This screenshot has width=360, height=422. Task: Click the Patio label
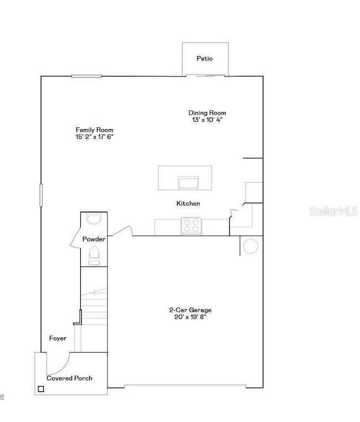click(204, 58)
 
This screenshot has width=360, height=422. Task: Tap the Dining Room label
click(207, 112)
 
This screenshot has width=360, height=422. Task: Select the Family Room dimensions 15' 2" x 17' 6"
click(95, 136)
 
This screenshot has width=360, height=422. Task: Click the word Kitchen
click(188, 204)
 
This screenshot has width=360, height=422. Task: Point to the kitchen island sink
click(188, 182)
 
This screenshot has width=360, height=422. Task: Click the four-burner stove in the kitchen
click(191, 225)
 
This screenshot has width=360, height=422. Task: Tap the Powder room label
click(94, 239)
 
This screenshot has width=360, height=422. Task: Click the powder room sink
click(94, 219)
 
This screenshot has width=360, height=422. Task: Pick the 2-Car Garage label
click(190, 310)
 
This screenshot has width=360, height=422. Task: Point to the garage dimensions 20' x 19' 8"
click(190, 317)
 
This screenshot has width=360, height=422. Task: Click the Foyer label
click(58, 338)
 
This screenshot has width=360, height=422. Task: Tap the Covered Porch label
click(69, 378)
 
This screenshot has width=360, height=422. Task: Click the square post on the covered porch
click(40, 389)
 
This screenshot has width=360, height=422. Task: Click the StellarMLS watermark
click(333, 211)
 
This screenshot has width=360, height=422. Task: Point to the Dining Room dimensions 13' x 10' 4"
click(207, 119)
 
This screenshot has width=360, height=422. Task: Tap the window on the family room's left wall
click(40, 195)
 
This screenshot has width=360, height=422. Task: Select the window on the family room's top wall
click(86, 76)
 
